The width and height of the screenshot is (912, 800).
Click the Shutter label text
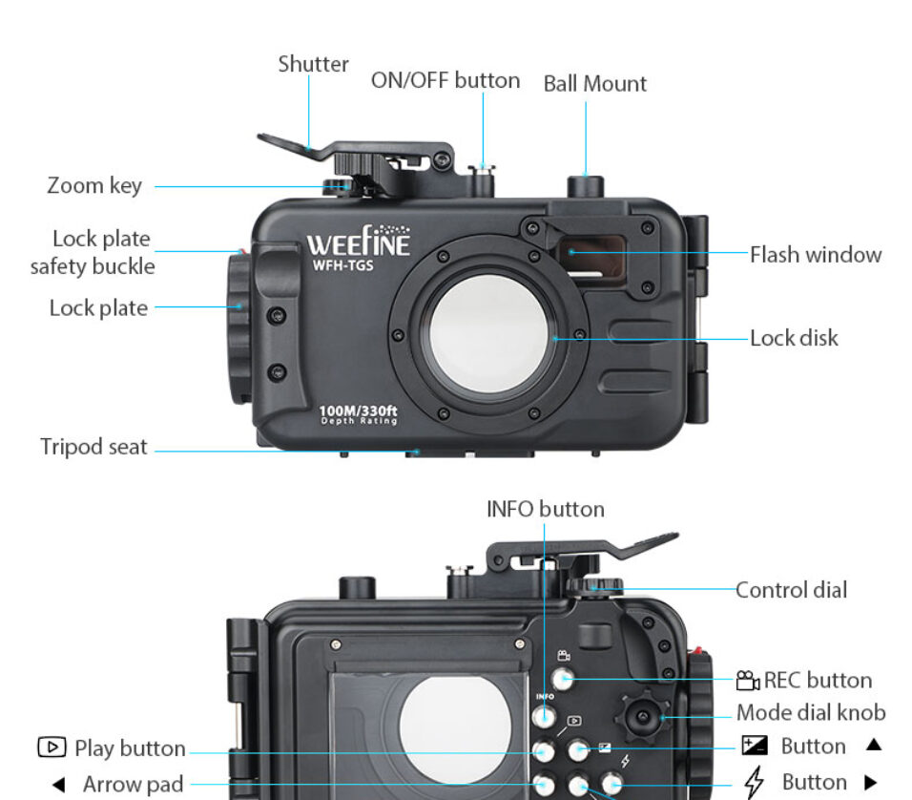click(313, 64)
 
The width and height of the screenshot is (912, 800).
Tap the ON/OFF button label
click(446, 80)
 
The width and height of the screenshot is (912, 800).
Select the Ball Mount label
click(594, 84)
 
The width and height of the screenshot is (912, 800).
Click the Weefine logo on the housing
click(359, 241)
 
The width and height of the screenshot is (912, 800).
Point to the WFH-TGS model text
click(342, 265)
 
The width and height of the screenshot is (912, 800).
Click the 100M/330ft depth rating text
click(359, 414)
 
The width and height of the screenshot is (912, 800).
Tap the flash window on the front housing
click(591, 256)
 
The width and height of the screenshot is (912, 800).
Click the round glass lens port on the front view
click(488, 333)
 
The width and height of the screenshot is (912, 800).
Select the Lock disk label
click(794, 338)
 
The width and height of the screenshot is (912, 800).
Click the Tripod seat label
click(93, 447)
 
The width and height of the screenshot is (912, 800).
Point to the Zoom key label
click(94, 186)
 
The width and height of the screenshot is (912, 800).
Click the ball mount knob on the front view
click(585, 186)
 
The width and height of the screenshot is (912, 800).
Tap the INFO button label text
click(546, 510)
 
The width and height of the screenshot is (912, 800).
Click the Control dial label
click(791, 590)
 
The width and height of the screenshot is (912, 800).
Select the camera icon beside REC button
click(747, 680)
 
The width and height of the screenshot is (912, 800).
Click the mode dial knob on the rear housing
click(643, 716)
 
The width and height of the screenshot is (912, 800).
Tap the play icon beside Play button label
click(52, 747)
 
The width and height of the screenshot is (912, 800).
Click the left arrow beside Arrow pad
click(58, 785)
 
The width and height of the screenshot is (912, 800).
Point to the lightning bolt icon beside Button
click(755, 782)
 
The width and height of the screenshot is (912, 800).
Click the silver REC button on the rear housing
click(563, 679)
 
